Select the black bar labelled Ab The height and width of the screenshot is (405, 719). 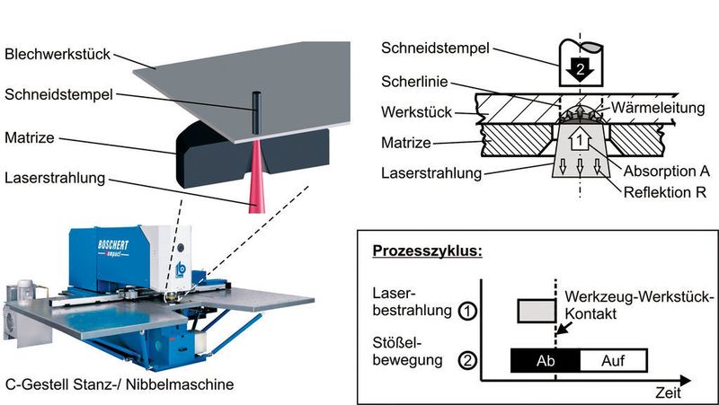(x=545, y=360)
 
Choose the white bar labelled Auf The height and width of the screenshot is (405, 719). (x=614, y=360)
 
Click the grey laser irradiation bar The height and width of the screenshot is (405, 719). (x=538, y=312)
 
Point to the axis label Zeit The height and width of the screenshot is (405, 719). (x=666, y=393)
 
